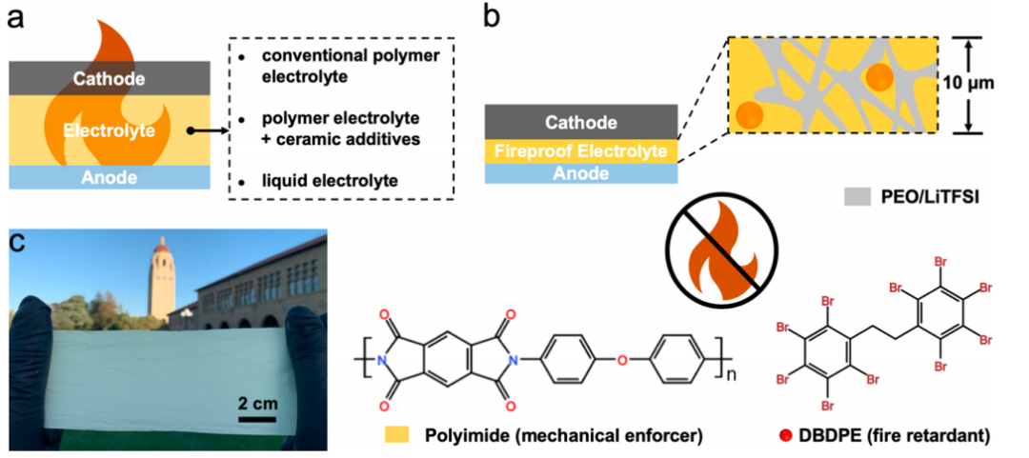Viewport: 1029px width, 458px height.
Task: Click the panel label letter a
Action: (x=16, y=20)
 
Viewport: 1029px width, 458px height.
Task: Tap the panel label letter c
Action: (x=16, y=244)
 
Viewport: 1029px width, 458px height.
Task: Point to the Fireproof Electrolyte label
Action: (x=581, y=149)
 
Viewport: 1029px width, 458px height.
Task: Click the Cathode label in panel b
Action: (x=581, y=122)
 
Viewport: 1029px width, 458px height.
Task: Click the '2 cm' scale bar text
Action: (x=258, y=403)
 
